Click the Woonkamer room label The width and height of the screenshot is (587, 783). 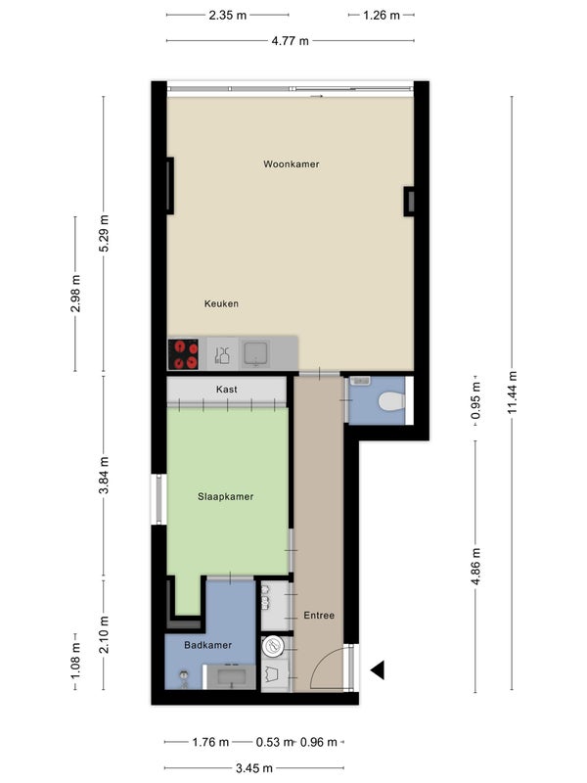coord(291,164)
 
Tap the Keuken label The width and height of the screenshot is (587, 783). coord(221,303)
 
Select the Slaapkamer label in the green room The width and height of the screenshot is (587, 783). coord(225,497)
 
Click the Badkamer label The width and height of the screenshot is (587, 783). coord(207,645)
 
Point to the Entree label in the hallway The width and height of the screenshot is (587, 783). coord(319,616)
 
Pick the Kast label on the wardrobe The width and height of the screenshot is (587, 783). coord(227,390)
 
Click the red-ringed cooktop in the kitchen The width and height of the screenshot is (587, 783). coord(183,354)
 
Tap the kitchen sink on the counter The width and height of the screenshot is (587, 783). coord(256,353)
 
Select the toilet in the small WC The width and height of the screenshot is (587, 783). coord(391,401)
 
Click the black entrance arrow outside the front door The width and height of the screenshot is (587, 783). coord(378,669)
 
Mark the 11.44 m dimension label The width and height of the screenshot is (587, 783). coord(512,392)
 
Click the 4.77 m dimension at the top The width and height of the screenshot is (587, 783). coord(290,41)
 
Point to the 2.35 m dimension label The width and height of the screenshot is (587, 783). coord(228,16)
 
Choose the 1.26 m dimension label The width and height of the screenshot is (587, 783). coord(382,16)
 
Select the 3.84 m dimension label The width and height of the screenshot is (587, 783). coord(104,476)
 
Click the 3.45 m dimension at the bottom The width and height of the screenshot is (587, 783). coord(254,768)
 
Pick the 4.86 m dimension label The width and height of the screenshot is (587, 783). coord(475,567)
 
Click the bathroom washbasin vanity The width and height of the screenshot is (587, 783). coord(231,677)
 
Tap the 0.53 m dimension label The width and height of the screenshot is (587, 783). coord(274,743)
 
